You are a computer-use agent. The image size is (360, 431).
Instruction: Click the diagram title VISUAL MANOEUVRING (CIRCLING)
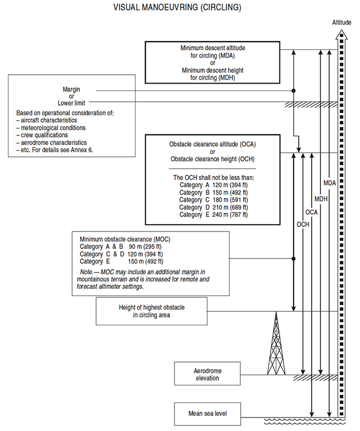(x=177, y=7)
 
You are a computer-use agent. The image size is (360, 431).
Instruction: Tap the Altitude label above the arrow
(x=341, y=22)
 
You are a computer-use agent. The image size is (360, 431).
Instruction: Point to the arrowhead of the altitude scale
(x=341, y=35)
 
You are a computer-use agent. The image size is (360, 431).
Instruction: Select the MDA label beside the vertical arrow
(x=330, y=183)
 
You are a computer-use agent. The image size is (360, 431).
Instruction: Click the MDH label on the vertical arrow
(x=321, y=199)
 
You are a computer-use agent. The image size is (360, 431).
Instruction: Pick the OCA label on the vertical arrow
(x=312, y=212)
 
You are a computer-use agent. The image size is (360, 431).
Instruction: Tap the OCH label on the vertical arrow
(x=303, y=225)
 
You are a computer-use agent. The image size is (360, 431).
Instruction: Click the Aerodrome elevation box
(x=207, y=374)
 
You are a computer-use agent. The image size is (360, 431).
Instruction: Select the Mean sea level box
(x=208, y=414)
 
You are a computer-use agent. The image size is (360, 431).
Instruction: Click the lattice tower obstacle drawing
(x=276, y=343)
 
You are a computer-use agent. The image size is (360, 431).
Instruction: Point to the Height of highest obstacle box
(x=152, y=311)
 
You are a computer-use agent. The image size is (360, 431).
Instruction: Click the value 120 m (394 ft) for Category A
(x=230, y=185)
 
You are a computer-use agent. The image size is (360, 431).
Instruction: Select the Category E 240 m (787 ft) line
(x=214, y=215)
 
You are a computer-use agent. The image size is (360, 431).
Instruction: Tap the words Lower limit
(x=71, y=103)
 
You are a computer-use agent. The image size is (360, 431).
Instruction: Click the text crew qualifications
(x=44, y=135)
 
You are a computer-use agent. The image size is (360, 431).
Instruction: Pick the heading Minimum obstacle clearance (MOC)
(x=125, y=239)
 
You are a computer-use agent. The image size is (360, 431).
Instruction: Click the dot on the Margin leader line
(x=294, y=90)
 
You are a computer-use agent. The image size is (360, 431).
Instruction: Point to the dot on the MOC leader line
(x=294, y=258)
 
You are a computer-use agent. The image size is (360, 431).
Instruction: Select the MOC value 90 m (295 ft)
(x=145, y=247)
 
